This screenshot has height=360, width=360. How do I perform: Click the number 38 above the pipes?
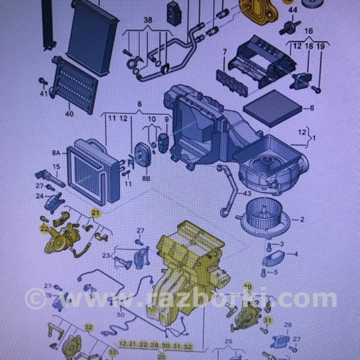pos(147,20)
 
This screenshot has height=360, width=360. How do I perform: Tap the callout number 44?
pos(293,10)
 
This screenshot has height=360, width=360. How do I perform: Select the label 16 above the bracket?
pos(308,31)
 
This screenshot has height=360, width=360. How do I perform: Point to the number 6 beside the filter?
pos(311,107)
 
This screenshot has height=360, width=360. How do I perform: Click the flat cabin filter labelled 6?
pos(272,107)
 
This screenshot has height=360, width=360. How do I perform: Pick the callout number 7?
pos(224,51)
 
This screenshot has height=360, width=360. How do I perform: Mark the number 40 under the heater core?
pos(69,113)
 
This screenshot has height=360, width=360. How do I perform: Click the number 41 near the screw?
pos(43,93)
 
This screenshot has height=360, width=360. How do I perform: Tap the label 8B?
pos(146,177)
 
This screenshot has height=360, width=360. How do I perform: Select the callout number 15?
pos(56,166)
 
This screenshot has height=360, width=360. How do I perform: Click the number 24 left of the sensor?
pos(39,196)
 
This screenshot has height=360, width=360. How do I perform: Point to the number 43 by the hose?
pos(247,193)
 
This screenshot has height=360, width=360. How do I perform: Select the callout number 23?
pos(105,255)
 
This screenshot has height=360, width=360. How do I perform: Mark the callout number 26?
pos(287,325)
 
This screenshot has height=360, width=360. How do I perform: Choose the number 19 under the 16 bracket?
pos(321,46)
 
